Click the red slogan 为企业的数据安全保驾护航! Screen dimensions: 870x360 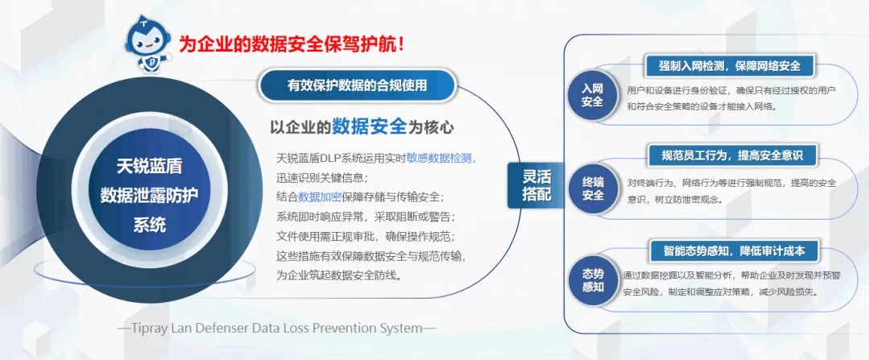(x=292, y=43)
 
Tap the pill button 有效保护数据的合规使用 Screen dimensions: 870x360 (x=357, y=85)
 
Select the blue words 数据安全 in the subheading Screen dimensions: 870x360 (x=370, y=126)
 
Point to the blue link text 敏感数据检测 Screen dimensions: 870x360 (x=439, y=158)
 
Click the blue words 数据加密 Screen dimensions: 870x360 (x=320, y=197)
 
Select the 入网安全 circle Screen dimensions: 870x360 (x=593, y=95)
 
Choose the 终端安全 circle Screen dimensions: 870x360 (x=593, y=188)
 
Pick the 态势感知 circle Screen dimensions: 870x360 (x=593, y=281)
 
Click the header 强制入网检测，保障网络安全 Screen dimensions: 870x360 (x=730, y=66)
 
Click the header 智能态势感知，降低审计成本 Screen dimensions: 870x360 (x=734, y=250)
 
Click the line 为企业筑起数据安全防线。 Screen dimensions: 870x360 (x=339, y=275)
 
